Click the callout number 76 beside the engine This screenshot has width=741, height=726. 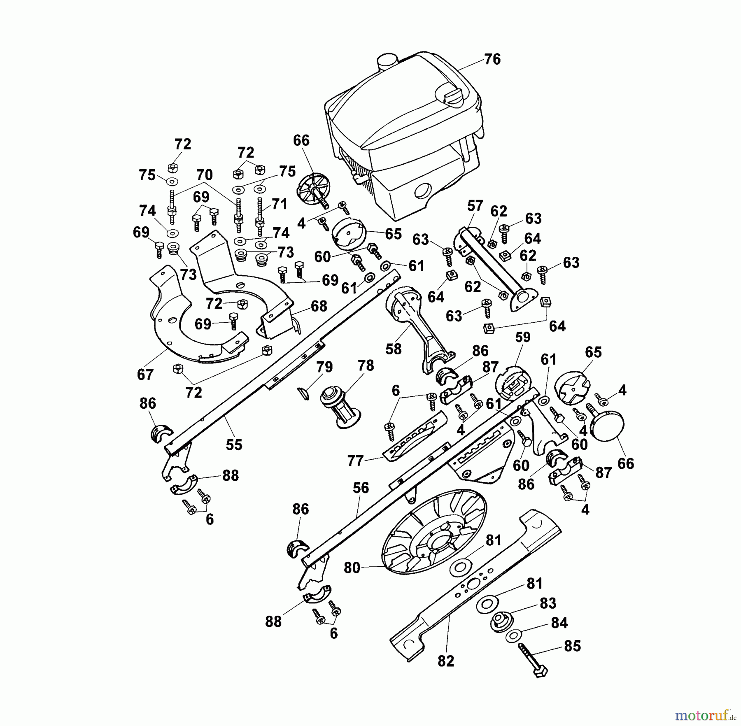(x=492, y=59)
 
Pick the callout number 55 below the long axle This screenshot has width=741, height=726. (x=234, y=445)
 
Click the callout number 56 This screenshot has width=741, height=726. (x=361, y=488)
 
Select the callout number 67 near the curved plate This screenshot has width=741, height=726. (x=145, y=375)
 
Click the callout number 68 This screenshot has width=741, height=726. (x=319, y=306)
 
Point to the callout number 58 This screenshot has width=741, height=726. (x=393, y=349)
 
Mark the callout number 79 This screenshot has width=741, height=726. (x=324, y=367)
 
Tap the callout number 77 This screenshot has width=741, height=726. (x=355, y=461)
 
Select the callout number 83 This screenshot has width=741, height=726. (x=548, y=603)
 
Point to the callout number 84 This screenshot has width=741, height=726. (x=559, y=623)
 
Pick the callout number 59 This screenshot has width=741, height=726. (x=523, y=337)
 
